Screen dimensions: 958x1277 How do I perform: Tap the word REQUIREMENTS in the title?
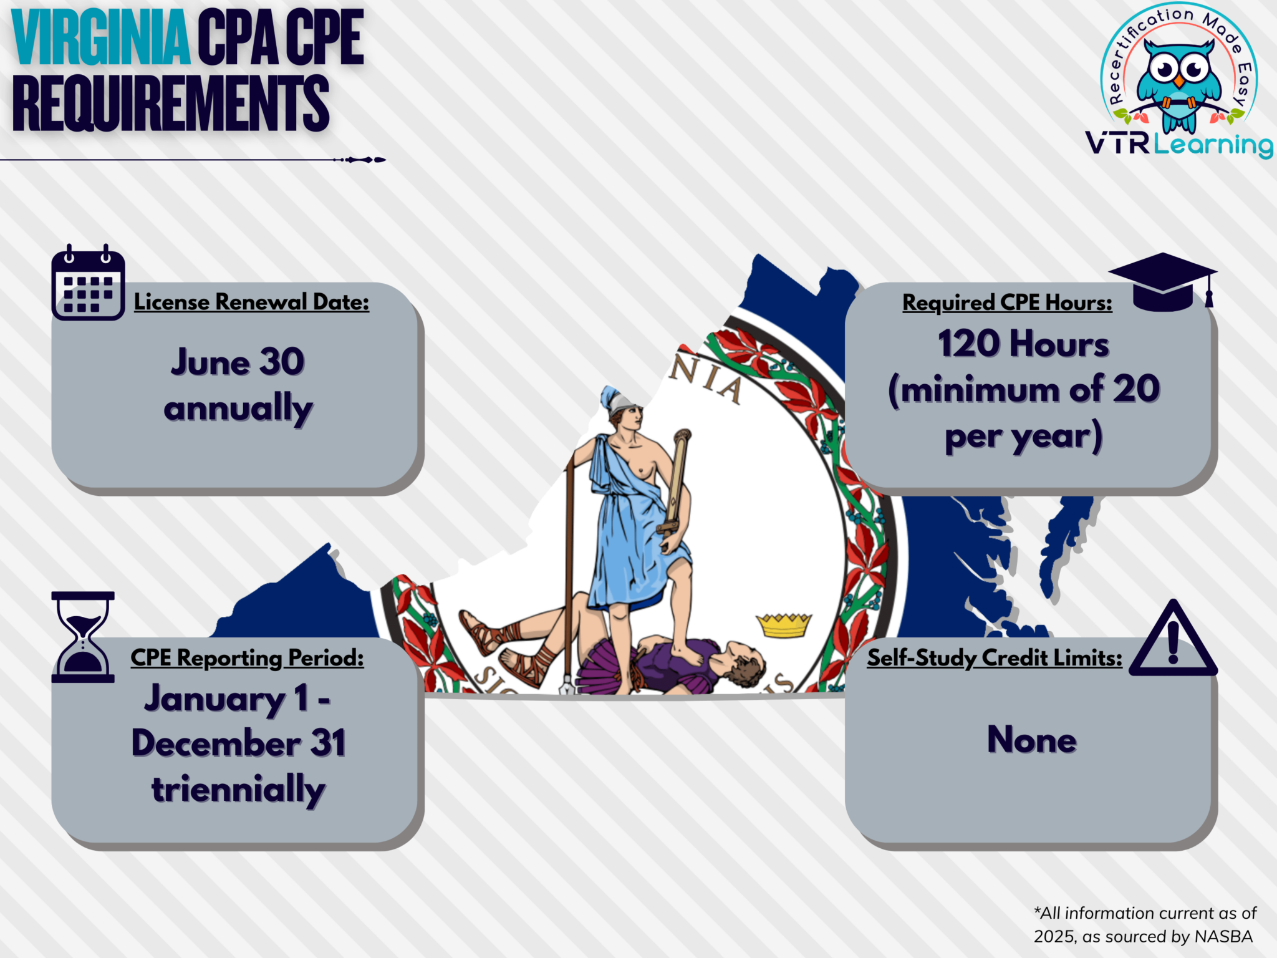[170, 104]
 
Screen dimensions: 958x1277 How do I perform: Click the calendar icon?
[88, 284]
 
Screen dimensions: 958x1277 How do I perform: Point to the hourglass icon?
[83, 636]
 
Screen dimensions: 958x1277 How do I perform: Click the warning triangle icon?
[1173, 641]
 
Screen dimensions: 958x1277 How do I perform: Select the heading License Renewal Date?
[251, 302]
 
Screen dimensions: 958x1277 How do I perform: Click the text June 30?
[238, 362]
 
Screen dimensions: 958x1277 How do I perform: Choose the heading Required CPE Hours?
[1007, 302]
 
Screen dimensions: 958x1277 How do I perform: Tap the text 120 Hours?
[1023, 344]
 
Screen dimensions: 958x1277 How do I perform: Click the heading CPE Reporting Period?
[247, 658]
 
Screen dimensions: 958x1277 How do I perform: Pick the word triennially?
[238, 789]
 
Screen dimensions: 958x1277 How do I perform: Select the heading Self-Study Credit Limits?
[995, 658]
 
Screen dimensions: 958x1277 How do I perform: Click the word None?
[1031, 740]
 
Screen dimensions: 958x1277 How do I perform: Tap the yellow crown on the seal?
[784, 624]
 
